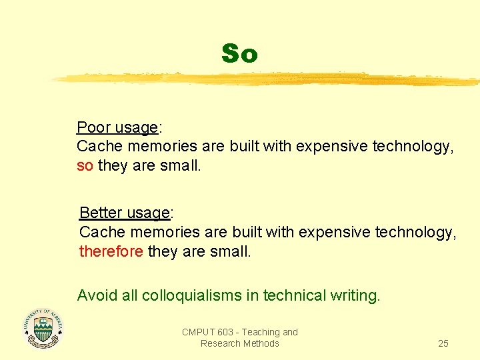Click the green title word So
tap(239, 53)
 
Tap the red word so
tap(85, 165)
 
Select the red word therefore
tap(111, 251)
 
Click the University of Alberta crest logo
tap(43, 329)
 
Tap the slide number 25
tap(443, 343)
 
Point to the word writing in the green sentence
tap(355, 295)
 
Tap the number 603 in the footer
tap(228, 332)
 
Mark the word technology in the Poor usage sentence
tap(413, 146)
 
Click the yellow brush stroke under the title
tap(267, 79)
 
